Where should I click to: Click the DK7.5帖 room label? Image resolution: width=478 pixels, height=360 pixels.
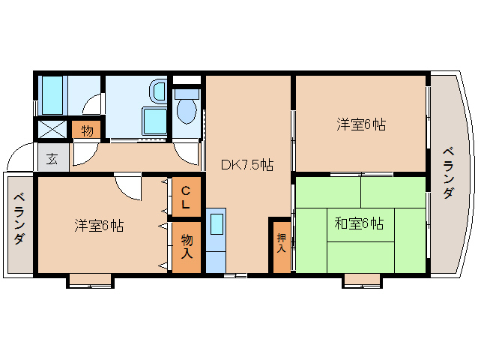pos(247,165)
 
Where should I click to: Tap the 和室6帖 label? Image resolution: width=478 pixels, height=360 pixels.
pos(359,224)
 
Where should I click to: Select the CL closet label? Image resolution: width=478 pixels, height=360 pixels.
pos(186,197)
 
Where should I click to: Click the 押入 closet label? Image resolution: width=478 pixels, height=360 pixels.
pos(281,243)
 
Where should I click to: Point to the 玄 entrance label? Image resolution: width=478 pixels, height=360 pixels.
pos(52,158)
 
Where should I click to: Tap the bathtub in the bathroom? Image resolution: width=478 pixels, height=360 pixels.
pos(52,95)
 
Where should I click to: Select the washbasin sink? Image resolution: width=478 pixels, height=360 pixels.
pos(157,91)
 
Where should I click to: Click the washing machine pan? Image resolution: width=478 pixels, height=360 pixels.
pos(154,121)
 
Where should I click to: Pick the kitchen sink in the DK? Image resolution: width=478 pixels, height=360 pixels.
pos(217,223)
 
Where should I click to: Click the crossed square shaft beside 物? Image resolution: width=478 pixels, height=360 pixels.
pos(52,129)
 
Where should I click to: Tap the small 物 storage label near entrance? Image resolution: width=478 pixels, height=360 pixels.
pos(87,130)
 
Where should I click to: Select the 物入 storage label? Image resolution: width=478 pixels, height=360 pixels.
pos(187,246)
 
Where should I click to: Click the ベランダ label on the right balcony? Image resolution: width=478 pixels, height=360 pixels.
pos(448,173)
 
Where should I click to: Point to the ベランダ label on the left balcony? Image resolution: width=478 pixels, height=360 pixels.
pos(19,218)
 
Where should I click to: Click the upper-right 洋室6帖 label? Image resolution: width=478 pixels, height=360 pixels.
pos(361,124)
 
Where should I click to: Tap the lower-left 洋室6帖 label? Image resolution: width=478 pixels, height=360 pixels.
pos(99,226)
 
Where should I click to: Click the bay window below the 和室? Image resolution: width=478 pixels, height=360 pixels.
pos(362,281)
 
